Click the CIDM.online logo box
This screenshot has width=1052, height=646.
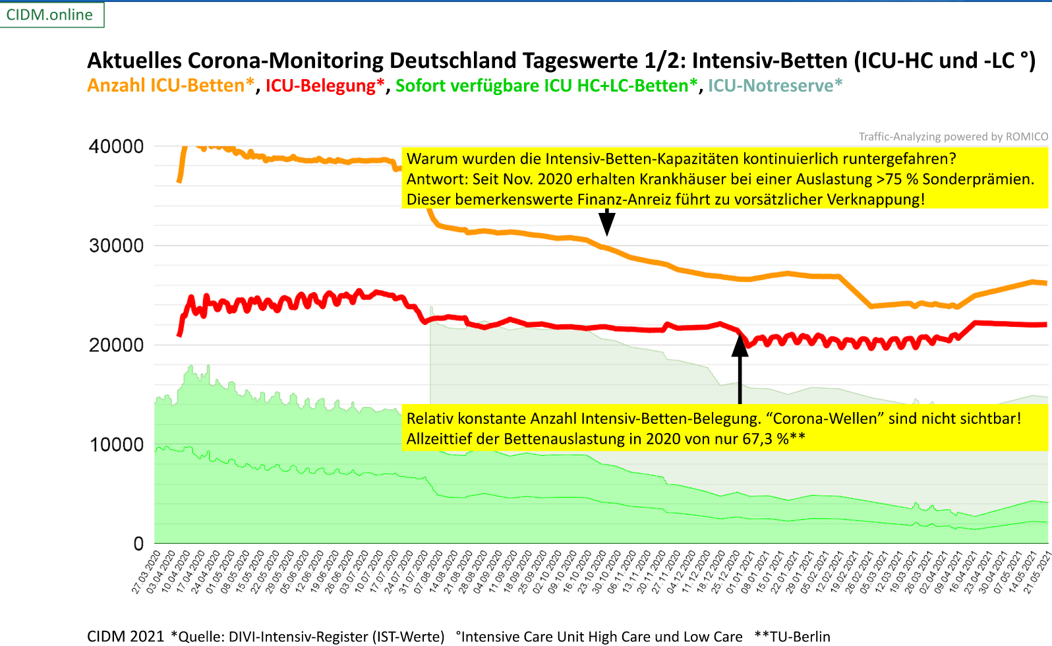pos(51,15)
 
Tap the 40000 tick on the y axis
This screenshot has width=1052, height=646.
pos(116,146)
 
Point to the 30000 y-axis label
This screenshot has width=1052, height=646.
pos(116,246)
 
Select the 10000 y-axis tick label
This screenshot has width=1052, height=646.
pos(116,445)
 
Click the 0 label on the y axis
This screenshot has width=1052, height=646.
pos(138,544)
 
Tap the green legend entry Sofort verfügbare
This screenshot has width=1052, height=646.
pos(546,86)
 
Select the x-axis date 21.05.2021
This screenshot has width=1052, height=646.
pos(1037,572)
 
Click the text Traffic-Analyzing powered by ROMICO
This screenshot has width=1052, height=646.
pos(952,136)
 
